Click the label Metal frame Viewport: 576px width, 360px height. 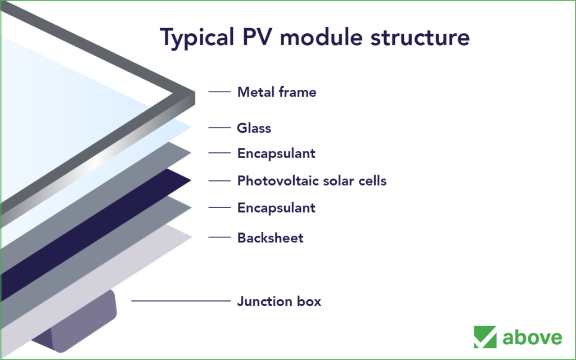tap(277, 92)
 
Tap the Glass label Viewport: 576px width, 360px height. tap(254, 128)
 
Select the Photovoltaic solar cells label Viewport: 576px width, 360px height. tap(312, 181)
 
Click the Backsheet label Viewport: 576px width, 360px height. tap(271, 238)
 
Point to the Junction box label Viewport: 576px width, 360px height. tap(279, 301)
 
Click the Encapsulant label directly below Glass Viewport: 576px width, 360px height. tap(276, 153)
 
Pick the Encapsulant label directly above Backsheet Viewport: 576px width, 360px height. tap(276, 208)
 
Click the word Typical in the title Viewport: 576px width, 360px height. tap(197, 38)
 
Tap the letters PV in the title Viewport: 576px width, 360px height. tap(257, 37)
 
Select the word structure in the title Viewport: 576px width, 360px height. tap(420, 38)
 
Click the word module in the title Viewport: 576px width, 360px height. tap(321, 37)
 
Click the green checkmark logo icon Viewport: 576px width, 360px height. tap(485, 337)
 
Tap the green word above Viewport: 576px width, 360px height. tap(532, 337)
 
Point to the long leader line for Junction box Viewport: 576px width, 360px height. tap(181, 301)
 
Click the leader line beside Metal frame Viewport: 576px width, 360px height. tap(219, 92)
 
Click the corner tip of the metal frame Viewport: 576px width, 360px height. tap(195, 92)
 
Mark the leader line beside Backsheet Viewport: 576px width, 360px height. tap(219, 237)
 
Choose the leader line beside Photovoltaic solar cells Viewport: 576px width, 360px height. tap(219, 181)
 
